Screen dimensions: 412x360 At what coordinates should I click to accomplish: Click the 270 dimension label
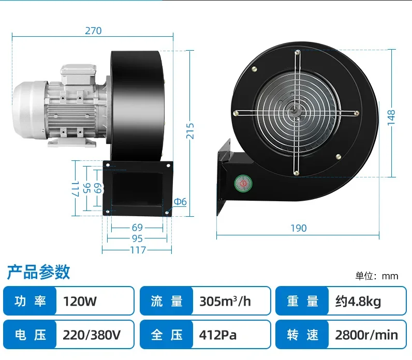click(93, 31)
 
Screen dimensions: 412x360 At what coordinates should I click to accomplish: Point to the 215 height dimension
click(190, 131)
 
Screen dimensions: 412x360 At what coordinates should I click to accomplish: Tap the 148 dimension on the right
click(391, 117)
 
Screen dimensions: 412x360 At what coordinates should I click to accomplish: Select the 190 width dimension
click(299, 228)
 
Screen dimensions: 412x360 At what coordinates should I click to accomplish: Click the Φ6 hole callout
click(180, 202)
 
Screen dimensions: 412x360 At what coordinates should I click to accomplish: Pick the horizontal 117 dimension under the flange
click(138, 250)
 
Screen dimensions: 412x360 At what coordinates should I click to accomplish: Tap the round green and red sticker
click(243, 183)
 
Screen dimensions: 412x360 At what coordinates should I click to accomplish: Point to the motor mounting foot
click(72, 141)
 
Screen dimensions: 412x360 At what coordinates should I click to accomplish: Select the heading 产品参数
click(38, 272)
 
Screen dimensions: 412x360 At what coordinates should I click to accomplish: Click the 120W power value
click(80, 301)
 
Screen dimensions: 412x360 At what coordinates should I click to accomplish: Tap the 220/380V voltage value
click(92, 335)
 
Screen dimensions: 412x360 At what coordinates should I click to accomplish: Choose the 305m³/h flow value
click(225, 301)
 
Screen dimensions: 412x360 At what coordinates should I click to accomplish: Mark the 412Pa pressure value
click(217, 335)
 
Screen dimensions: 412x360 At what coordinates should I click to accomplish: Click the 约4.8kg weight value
click(358, 302)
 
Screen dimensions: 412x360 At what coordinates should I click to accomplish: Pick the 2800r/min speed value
click(366, 335)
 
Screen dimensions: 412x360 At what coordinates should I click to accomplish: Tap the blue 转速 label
click(302, 335)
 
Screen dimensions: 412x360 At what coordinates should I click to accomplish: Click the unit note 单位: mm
click(377, 276)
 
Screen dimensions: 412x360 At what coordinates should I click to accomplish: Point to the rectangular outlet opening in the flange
click(138, 189)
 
